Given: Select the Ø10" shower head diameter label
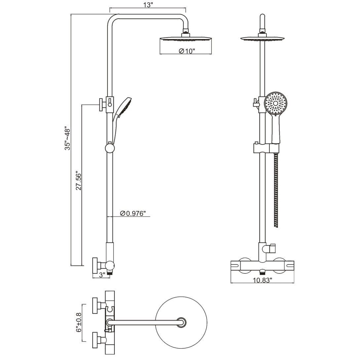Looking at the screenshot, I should point(187,51).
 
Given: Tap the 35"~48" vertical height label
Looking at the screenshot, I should point(68,138).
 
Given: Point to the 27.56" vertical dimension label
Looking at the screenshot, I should point(79,180).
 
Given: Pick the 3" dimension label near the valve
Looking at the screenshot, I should point(101,274).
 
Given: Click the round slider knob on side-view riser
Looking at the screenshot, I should point(109,148).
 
